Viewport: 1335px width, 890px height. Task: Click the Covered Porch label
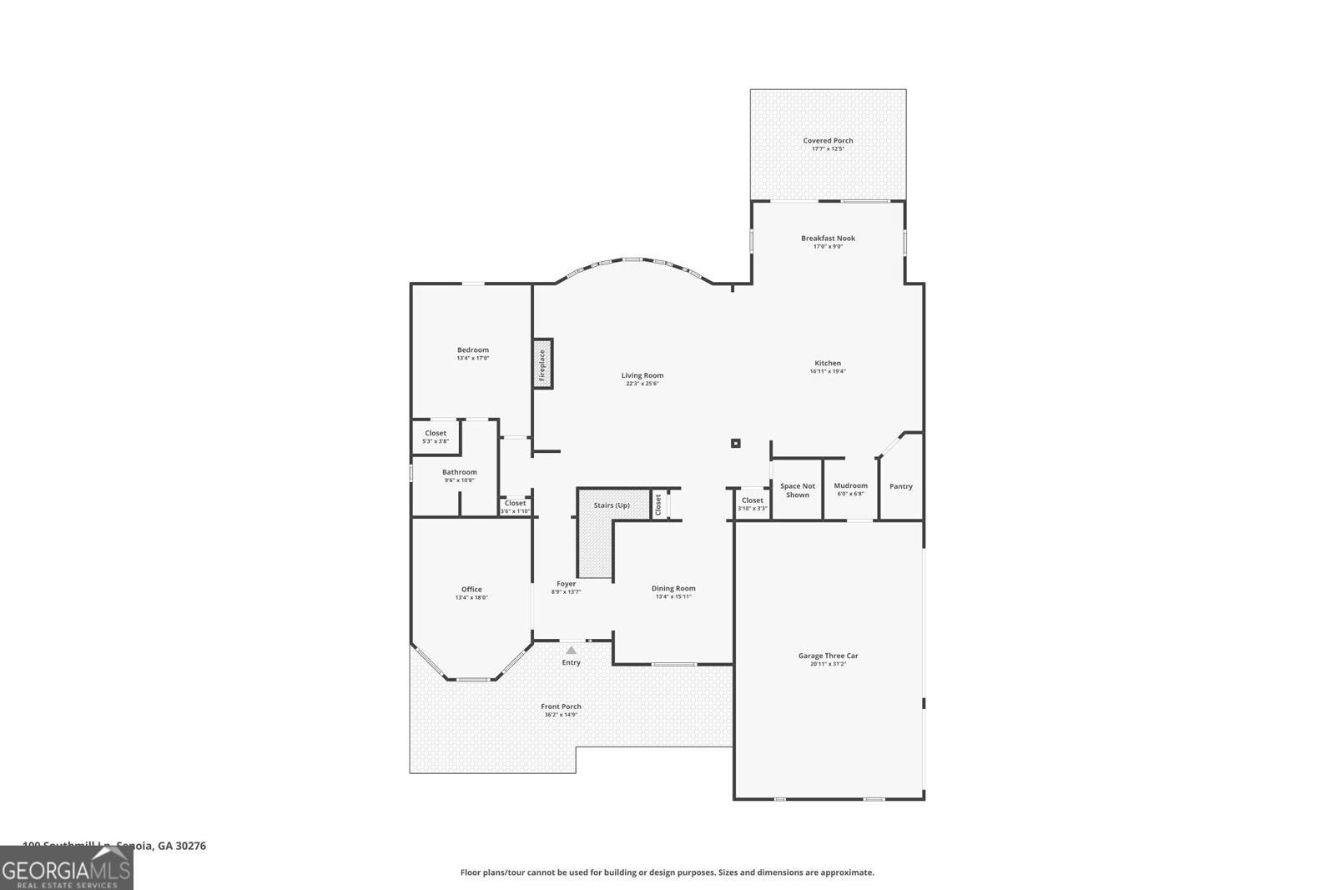pyautogui.click(x=828, y=141)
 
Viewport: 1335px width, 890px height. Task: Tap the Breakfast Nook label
pyautogui.click(x=828, y=239)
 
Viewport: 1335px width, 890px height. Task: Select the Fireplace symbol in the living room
pyautogui.click(x=542, y=364)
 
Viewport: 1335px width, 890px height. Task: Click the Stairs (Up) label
pyautogui.click(x=612, y=505)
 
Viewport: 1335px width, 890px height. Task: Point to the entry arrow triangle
pyautogui.click(x=571, y=650)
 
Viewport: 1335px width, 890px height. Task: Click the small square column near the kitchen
pyautogui.click(x=735, y=444)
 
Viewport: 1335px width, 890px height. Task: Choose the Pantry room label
pyautogui.click(x=900, y=486)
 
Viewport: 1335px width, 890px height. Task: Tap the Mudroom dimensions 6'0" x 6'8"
pyautogui.click(x=850, y=494)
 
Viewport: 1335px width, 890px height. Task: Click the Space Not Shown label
pyautogui.click(x=797, y=490)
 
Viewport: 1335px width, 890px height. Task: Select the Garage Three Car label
pyautogui.click(x=828, y=656)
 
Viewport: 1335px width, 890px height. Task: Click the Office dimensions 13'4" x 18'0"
pyautogui.click(x=471, y=597)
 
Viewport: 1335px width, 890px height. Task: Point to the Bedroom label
pyautogui.click(x=472, y=350)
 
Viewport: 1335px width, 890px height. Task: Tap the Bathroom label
pyautogui.click(x=459, y=472)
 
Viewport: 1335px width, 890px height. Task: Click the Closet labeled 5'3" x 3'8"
pyautogui.click(x=435, y=441)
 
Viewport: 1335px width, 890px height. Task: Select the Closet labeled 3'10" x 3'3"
pyautogui.click(x=752, y=508)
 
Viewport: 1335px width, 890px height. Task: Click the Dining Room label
pyautogui.click(x=673, y=588)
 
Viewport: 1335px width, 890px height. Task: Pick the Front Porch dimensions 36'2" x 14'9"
pyautogui.click(x=561, y=715)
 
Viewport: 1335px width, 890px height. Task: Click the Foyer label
pyautogui.click(x=566, y=584)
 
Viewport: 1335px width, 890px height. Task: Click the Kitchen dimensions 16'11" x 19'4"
pyautogui.click(x=828, y=371)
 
